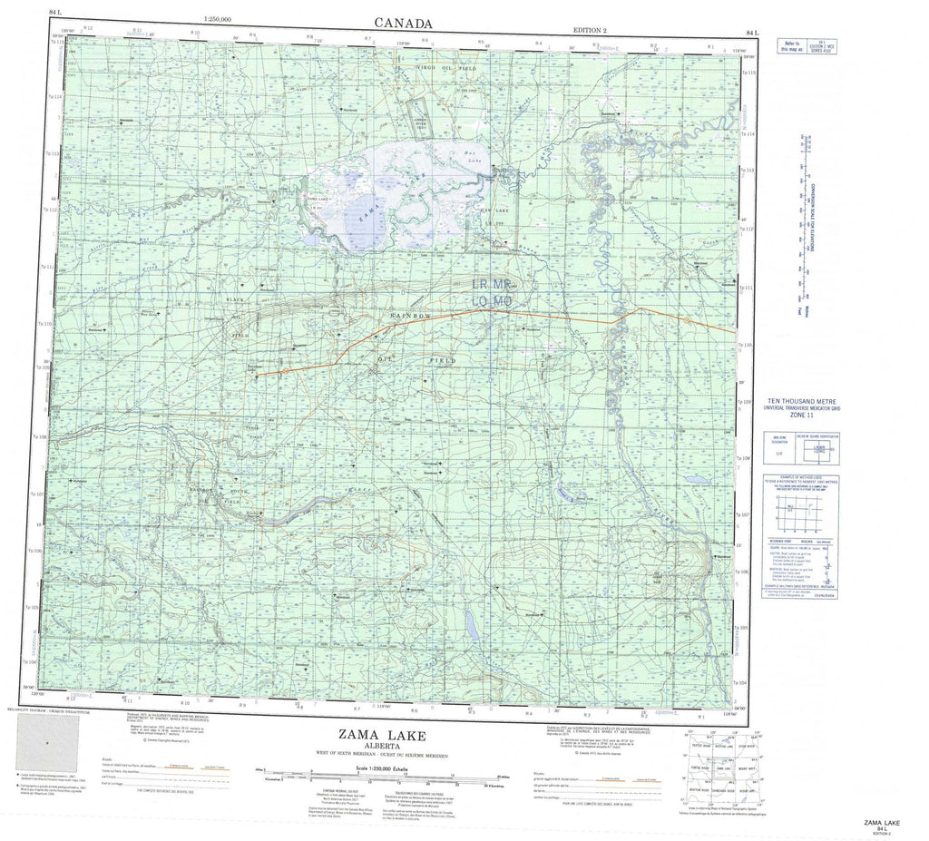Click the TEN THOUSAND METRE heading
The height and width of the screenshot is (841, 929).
803,400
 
